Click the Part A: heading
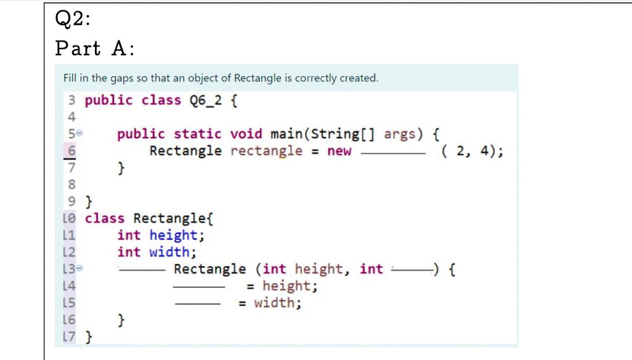(95, 49)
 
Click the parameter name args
(402, 134)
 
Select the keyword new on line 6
(339, 151)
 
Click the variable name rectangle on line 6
(266, 151)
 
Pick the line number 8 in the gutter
(72, 185)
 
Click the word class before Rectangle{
(105, 218)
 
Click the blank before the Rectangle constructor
(143, 270)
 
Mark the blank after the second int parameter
(412, 269)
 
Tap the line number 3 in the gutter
(72, 100)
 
